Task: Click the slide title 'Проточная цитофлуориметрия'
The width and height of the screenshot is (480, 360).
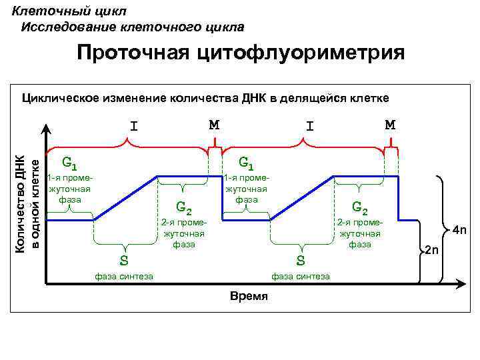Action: tap(240, 53)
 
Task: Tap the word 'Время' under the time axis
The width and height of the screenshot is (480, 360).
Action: tap(248, 296)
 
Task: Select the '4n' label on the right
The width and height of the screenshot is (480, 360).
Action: tap(459, 231)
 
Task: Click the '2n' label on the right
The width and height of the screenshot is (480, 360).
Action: tap(432, 251)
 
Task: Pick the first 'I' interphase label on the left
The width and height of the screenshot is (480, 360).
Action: tap(134, 125)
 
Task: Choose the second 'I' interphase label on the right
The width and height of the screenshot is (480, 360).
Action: tap(309, 125)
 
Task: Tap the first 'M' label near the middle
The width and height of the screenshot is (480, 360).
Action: tap(214, 125)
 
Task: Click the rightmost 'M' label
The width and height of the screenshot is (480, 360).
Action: tap(390, 125)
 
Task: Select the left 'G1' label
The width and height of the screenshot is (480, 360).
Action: tap(69, 162)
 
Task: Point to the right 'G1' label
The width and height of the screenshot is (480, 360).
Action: tap(246, 162)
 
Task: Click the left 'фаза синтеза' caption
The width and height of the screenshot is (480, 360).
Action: tap(124, 276)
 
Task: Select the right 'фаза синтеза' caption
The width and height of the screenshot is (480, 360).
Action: tap(301, 276)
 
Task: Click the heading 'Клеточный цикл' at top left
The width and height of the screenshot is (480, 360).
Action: tap(69, 11)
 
